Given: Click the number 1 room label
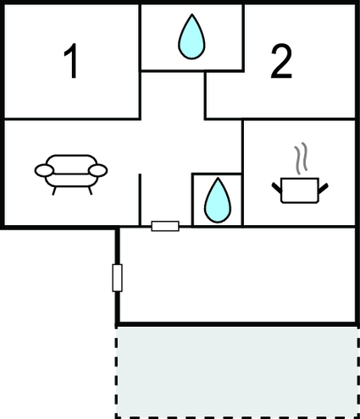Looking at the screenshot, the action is pos(70,61).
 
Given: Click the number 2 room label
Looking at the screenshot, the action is pos(281,61).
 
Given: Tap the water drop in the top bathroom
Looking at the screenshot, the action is pos(191,36).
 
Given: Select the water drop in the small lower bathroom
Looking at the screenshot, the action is pos(218,200).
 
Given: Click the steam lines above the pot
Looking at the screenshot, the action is pos(301,158).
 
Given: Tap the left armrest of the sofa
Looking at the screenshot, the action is pos(44,170).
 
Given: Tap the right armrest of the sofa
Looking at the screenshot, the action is pos(98,170).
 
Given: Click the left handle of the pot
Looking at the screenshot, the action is pos(277,188).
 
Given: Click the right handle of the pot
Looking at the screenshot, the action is pos(324,189).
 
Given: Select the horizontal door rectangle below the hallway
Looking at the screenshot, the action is pos(165,226).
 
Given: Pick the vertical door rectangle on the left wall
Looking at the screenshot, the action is pos(117,278).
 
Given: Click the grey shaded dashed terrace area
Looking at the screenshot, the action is pos(237,372).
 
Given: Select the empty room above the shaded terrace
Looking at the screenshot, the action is pos(237,275).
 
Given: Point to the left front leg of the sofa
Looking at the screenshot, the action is pos(54,191).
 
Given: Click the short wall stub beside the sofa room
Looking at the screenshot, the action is pos(140,200).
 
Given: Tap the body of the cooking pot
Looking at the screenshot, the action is pos(300,190).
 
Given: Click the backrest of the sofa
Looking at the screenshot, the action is pos(71,164).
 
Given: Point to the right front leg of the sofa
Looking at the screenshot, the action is pos(90,190).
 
